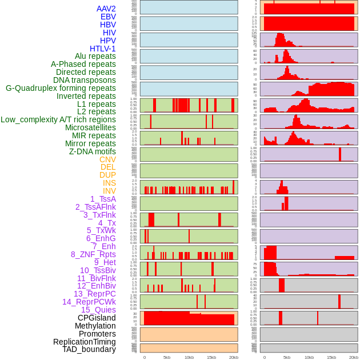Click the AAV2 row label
(106, 9)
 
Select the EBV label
(108, 17)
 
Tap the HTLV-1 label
(103, 49)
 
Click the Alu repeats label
(95, 56)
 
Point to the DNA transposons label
(85, 80)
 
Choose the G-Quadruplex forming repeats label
(61, 88)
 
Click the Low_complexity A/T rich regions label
(58, 119)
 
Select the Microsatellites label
(90, 127)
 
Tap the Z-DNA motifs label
(93, 151)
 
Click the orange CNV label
(107, 159)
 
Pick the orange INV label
(109, 191)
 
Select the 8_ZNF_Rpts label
(93, 254)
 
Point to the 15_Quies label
(98, 310)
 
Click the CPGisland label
(97, 318)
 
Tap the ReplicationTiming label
(85, 342)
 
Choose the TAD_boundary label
(89, 349)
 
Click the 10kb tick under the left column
(189, 357)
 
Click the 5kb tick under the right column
(287, 357)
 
